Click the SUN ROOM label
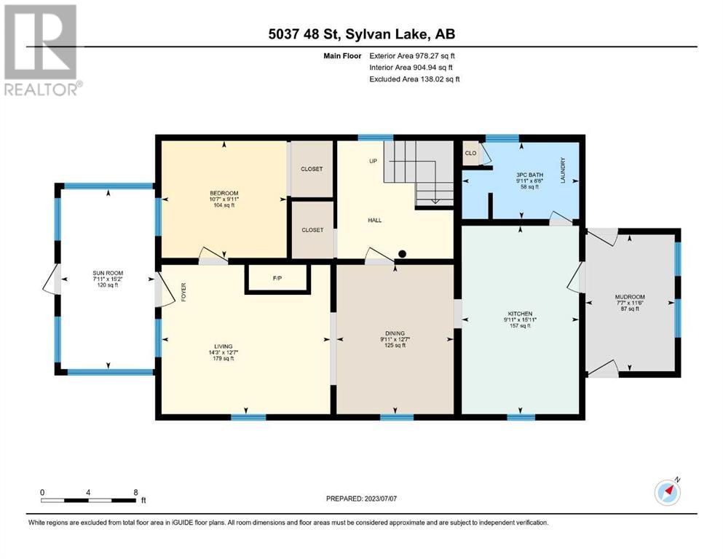tap(108, 273)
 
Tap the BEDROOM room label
tap(224, 193)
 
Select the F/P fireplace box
tap(277, 279)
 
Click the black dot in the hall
tap(402, 253)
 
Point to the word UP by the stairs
tap(373, 161)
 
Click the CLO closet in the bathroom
tap(471, 153)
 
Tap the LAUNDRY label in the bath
tap(563, 170)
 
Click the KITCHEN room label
tap(520, 314)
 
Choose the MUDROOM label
tap(630, 297)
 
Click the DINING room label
tap(395, 333)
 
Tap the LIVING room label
tap(224, 346)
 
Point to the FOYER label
tap(183, 293)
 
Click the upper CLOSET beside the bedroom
tap(312, 169)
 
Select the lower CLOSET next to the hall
tap(312, 229)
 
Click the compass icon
tap(667, 492)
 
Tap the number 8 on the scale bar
tap(135, 492)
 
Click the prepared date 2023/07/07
tap(380, 499)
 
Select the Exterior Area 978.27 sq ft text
tap(412, 56)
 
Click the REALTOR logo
tap(42, 49)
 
